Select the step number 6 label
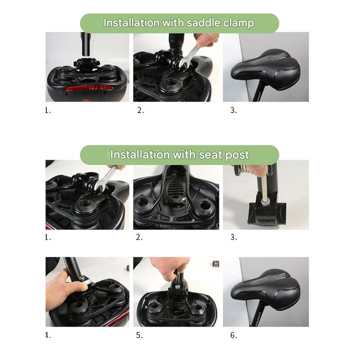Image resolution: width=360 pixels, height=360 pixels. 233,335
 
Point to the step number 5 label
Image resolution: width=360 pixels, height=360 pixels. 140,335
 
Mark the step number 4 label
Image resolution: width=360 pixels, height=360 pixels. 48,335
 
